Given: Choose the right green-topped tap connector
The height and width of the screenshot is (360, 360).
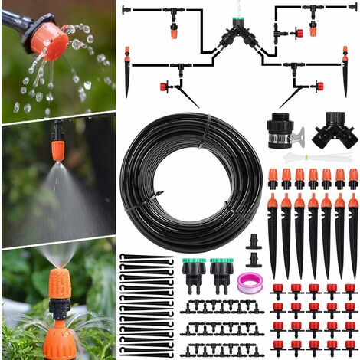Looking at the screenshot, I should point(221,273).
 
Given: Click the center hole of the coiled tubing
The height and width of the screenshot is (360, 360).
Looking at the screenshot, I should point(191,182).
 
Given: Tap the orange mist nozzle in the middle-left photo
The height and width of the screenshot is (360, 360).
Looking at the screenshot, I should point(58,146).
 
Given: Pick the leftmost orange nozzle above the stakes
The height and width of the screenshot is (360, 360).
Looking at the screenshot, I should point(273,178).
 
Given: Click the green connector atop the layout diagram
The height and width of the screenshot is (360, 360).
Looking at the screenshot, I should point(239,15).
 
